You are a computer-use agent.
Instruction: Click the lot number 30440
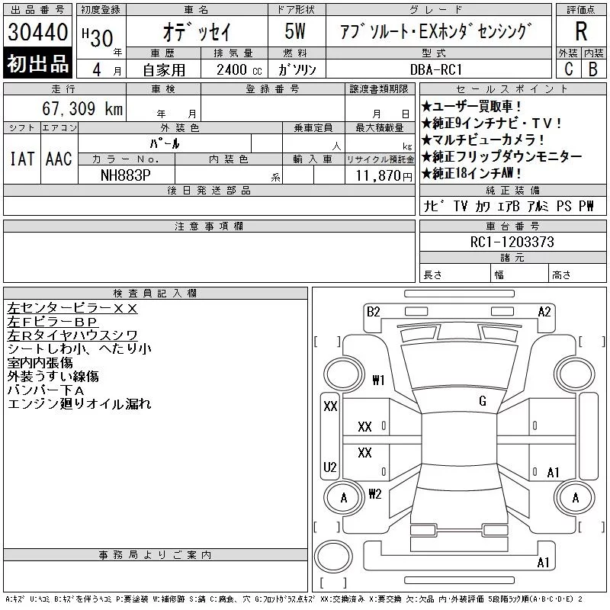[x=37, y=32]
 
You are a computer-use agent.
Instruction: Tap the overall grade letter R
[x=581, y=31]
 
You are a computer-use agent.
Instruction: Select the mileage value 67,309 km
[x=82, y=108]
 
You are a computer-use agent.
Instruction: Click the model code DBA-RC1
[x=436, y=69]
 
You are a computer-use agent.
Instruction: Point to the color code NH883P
[x=125, y=175]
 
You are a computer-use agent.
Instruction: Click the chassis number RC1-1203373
[x=512, y=242]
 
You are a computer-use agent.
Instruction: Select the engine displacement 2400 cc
[x=239, y=70]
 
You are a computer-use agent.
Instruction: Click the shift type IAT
[x=22, y=159]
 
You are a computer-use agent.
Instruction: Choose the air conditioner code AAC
[x=59, y=159]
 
